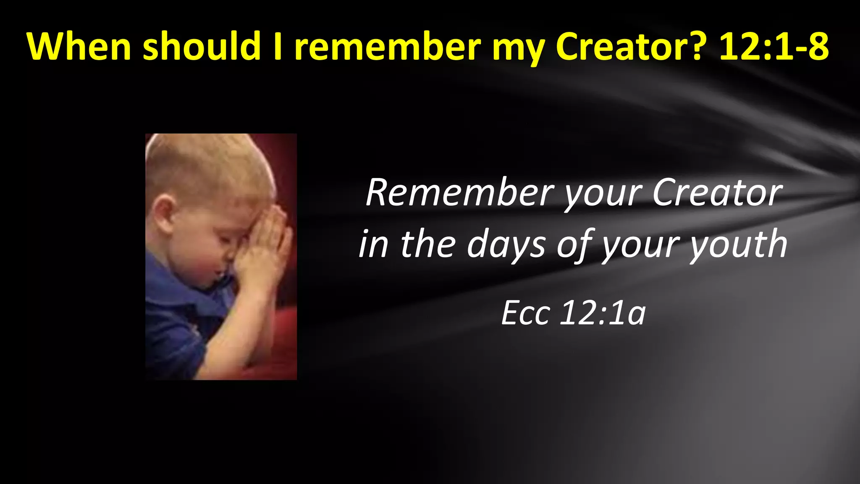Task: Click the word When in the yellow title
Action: tap(79, 46)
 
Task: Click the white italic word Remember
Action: tap(460, 193)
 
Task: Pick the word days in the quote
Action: tap(506, 245)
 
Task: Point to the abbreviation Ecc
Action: tap(525, 313)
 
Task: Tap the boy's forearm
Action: tap(235, 332)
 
